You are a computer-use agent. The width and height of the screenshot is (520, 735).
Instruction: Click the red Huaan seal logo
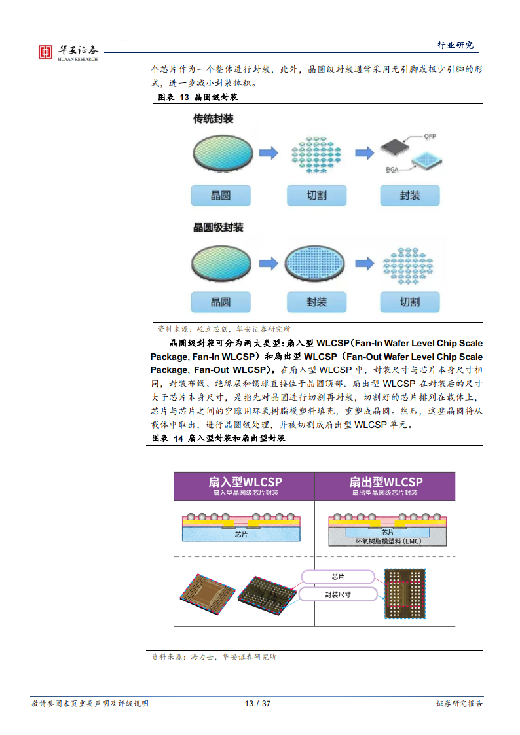[45, 52]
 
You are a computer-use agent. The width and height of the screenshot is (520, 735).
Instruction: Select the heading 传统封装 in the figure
[213, 119]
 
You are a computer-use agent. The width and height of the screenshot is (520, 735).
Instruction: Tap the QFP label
[430, 137]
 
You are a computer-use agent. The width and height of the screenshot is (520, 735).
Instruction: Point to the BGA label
[392, 169]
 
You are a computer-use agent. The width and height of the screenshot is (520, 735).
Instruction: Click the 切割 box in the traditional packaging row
[316, 195]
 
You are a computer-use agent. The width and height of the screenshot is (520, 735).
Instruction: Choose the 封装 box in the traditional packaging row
[409, 195]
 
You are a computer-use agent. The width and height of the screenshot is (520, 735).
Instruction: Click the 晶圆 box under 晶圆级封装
[221, 302]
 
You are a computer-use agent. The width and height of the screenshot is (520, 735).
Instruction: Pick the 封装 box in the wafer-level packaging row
[316, 302]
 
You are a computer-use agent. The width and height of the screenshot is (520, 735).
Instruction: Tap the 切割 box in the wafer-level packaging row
[409, 302]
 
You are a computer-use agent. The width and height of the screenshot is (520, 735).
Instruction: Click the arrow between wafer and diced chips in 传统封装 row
[268, 153]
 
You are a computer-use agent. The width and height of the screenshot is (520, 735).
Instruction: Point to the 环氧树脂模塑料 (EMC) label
[388, 541]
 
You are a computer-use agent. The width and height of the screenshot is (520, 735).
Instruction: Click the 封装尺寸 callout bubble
[338, 594]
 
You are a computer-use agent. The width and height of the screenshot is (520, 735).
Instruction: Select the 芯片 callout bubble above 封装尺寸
[338, 577]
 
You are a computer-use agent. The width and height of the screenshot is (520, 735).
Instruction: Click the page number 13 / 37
[257, 704]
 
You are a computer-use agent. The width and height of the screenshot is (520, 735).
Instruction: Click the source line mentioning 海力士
[214, 656]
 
